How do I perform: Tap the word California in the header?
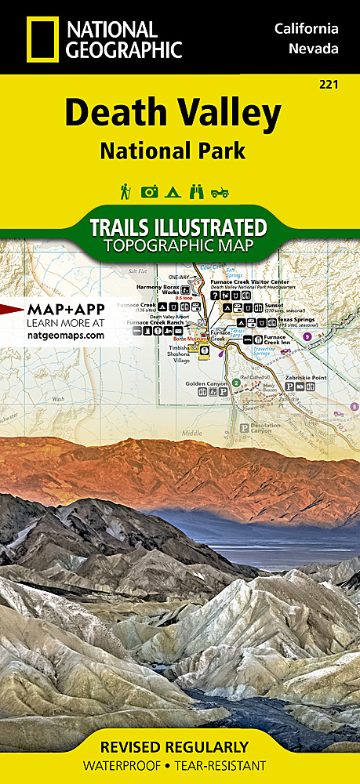(x=306, y=29)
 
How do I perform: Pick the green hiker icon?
(x=125, y=191)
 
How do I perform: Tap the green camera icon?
(x=149, y=191)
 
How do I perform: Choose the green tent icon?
(x=174, y=191)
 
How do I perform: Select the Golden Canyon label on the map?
(x=205, y=383)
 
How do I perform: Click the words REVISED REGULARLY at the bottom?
(x=180, y=746)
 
